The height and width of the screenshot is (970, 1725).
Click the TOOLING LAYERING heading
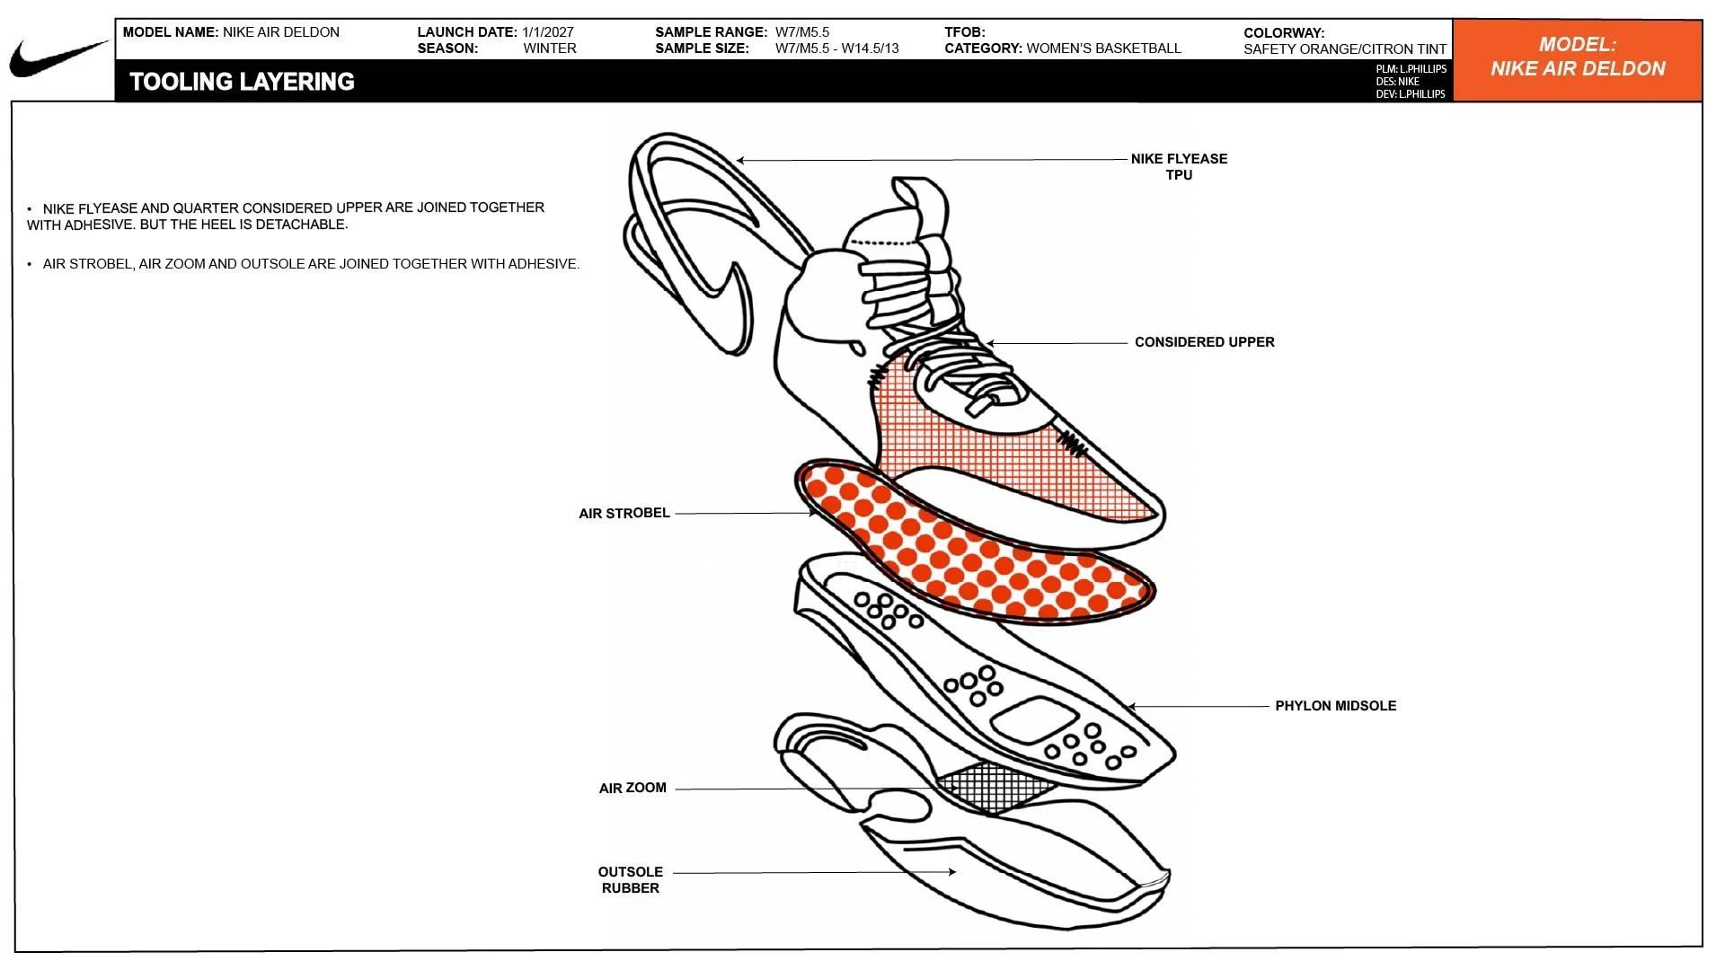point(242,82)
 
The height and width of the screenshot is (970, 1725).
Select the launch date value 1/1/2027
point(547,32)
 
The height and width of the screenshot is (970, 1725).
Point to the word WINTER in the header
point(550,48)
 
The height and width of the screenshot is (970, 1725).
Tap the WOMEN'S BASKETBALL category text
point(1103,48)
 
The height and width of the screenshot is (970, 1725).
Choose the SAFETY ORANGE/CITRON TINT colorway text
point(1345,49)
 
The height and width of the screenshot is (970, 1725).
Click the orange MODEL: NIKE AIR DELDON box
point(1578,60)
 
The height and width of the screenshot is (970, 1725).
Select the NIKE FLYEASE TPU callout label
point(1179,167)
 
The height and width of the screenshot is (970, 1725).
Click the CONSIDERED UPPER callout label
point(1204,342)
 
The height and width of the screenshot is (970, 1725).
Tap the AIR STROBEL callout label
point(624,514)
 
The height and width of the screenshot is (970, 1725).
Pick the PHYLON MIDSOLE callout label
point(1335,706)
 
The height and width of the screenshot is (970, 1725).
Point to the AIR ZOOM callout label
point(632,789)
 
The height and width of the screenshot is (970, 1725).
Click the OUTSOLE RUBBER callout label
point(631,880)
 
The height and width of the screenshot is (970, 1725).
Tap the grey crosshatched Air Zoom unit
point(996,787)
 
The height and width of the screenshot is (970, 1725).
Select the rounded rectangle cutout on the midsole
point(1035,720)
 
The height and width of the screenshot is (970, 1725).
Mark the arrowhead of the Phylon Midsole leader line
point(1132,707)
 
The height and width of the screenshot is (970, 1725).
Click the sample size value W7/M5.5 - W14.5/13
point(836,48)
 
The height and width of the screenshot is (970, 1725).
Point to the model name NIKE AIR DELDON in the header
point(281,32)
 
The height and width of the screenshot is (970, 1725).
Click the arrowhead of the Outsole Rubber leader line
point(951,871)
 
